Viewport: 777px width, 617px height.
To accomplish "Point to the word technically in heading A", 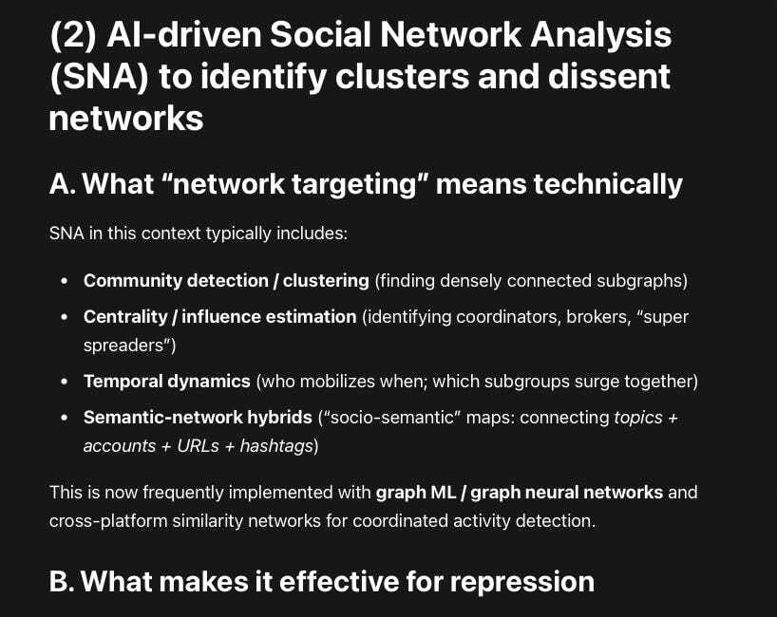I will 608,183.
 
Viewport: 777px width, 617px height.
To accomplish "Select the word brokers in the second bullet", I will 587,316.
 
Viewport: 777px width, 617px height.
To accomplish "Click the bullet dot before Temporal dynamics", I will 64,382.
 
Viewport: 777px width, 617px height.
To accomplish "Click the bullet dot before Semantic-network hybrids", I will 64,417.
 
